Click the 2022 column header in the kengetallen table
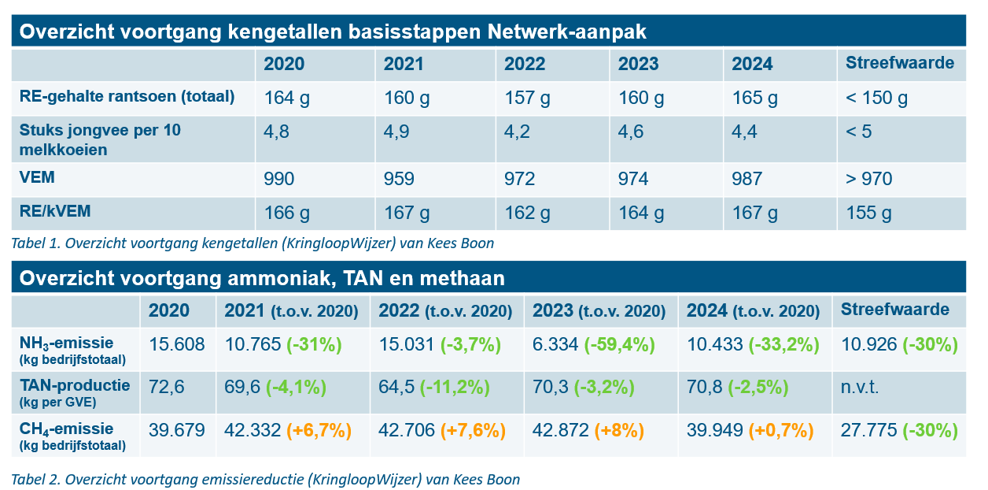click(x=525, y=64)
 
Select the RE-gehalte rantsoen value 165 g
click(x=754, y=98)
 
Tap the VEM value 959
click(x=399, y=179)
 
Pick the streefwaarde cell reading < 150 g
click(x=876, y=98)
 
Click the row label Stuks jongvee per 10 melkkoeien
click(x=101, y=139)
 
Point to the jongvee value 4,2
click(x=517, y=132)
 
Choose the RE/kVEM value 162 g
click(x=528, y=213)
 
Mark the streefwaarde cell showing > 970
click(x=868, y=179)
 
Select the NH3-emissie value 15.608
click(x=177, y=345)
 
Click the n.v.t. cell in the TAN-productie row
click(x=859, y=388)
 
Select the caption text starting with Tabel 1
click(x=253, y=243)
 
